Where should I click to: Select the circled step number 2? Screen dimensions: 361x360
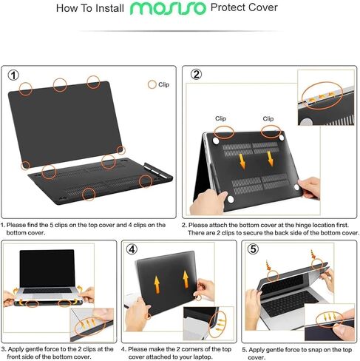click(x=196, y=75)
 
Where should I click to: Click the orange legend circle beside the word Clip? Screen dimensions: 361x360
click(x=152, y=85)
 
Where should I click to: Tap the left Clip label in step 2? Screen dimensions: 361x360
click(x=220, y=118)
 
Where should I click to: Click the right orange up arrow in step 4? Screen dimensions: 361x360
click(x=185, y=279)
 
